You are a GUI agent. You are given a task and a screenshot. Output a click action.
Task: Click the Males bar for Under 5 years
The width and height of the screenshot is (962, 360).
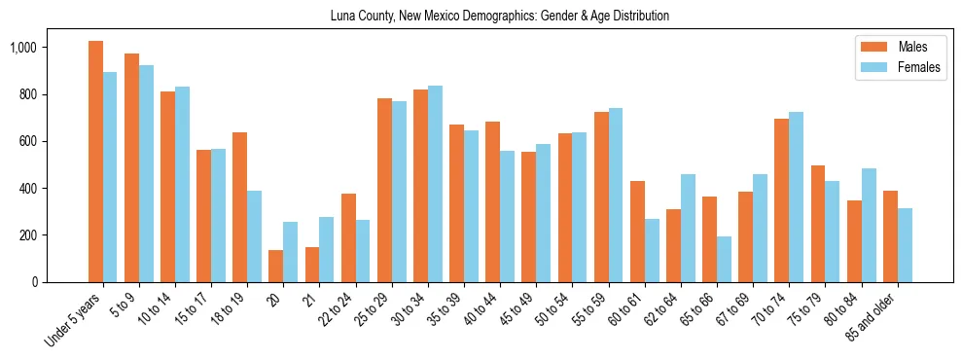95,162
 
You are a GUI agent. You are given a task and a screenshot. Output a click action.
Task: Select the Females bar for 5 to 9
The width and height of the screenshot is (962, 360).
146,173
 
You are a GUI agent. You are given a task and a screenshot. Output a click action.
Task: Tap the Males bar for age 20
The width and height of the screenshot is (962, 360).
276,266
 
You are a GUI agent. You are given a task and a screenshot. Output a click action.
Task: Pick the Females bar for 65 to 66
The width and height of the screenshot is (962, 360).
724,259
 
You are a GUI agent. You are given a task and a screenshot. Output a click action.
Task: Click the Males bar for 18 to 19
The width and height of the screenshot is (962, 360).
239,207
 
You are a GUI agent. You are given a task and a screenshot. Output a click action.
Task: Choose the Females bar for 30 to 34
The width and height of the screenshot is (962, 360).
435,184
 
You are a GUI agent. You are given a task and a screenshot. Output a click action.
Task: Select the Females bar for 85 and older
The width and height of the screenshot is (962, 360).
905,245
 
